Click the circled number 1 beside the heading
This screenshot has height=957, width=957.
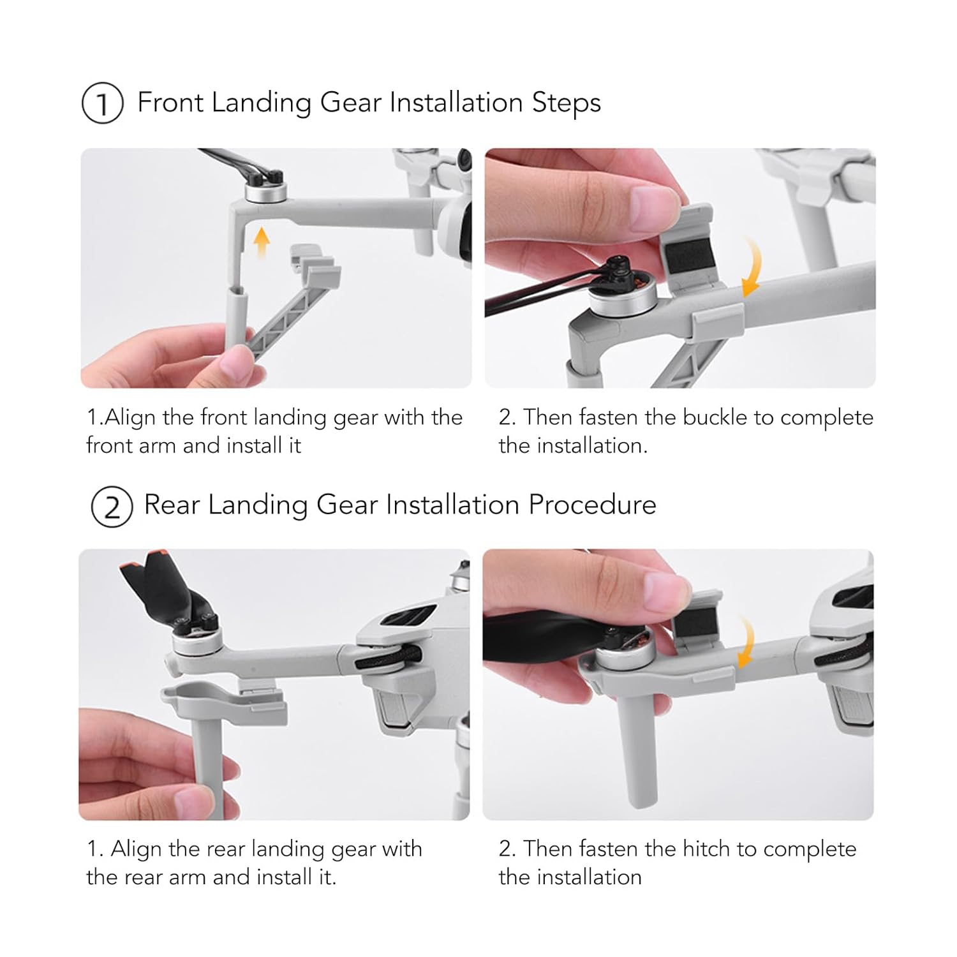point(102,103)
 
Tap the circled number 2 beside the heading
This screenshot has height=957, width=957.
point(112,507)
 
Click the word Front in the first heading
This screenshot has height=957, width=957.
point(170,102)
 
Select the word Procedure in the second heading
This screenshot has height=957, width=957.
point(592,505)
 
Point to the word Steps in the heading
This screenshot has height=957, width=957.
point(567,103)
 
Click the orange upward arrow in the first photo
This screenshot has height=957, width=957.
point(261,243)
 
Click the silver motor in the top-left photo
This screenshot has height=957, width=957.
point(265,191)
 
